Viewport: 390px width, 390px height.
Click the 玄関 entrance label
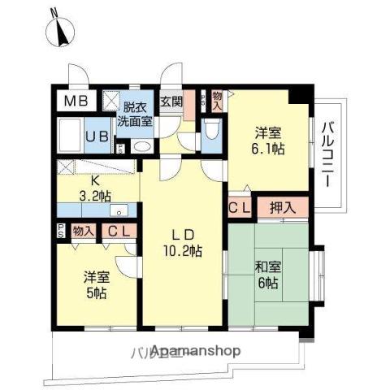click(171, 102)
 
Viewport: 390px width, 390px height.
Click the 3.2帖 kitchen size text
click(95, 195)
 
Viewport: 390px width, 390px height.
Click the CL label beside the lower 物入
click(117, 232)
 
